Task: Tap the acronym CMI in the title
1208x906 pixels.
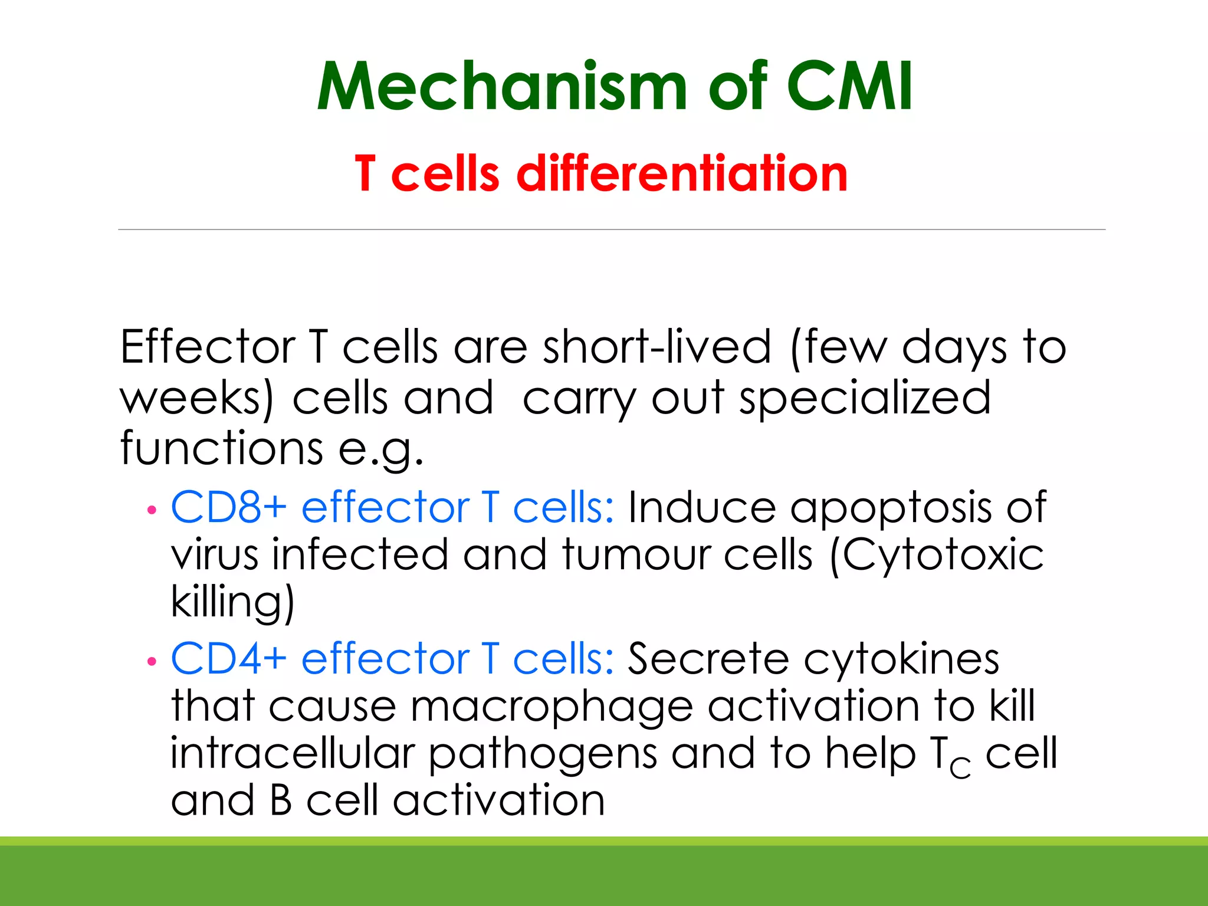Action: [849, 87]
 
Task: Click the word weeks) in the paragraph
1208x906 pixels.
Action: [197, 398]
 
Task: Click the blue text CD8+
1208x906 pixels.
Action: [229, 507]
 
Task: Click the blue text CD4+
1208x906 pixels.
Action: [229, 659]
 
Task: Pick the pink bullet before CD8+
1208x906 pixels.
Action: [152, 510]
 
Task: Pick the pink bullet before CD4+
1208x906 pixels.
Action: [152, 662]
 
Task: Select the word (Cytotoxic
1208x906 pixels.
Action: [936, 556]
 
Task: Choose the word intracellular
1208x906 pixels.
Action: [293, 754]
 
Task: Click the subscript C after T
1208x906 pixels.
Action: [960, 767]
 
